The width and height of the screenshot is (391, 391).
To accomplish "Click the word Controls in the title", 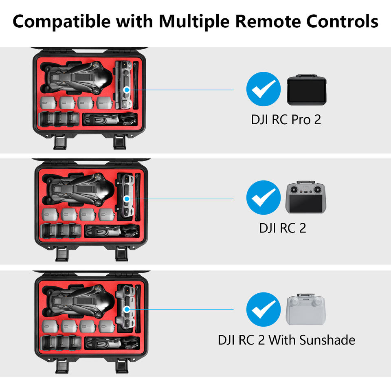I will click(x=343, y=21).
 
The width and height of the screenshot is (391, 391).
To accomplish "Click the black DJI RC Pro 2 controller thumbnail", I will click(x=305, y=90).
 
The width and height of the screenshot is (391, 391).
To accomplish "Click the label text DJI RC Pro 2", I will click(x=286, y=120).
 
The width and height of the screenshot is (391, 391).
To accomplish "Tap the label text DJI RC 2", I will click(x=282, y=228).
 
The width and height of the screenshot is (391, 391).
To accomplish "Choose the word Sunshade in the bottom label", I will click(x=327, y=340).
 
